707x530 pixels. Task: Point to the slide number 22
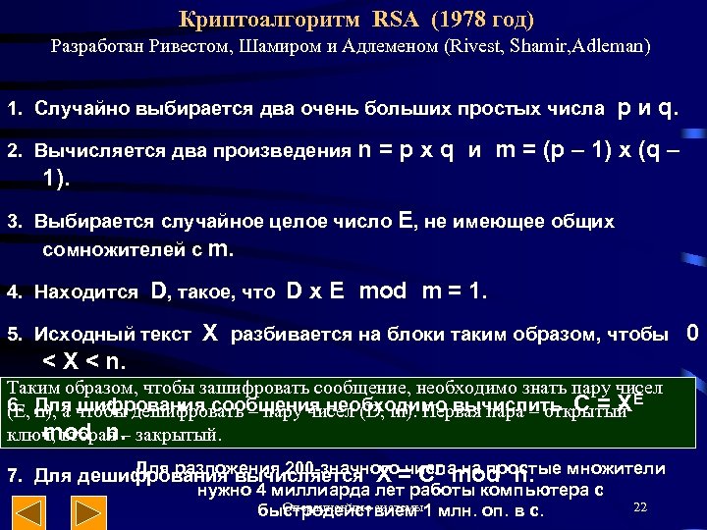point(640,506)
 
